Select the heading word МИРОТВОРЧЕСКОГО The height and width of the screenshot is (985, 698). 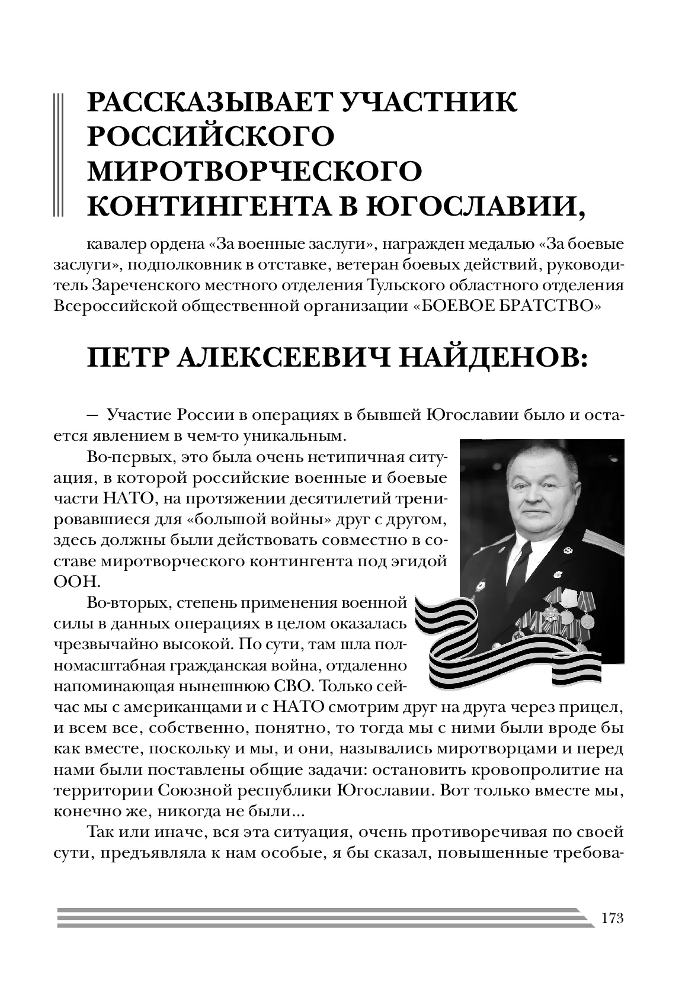[255, 171]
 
